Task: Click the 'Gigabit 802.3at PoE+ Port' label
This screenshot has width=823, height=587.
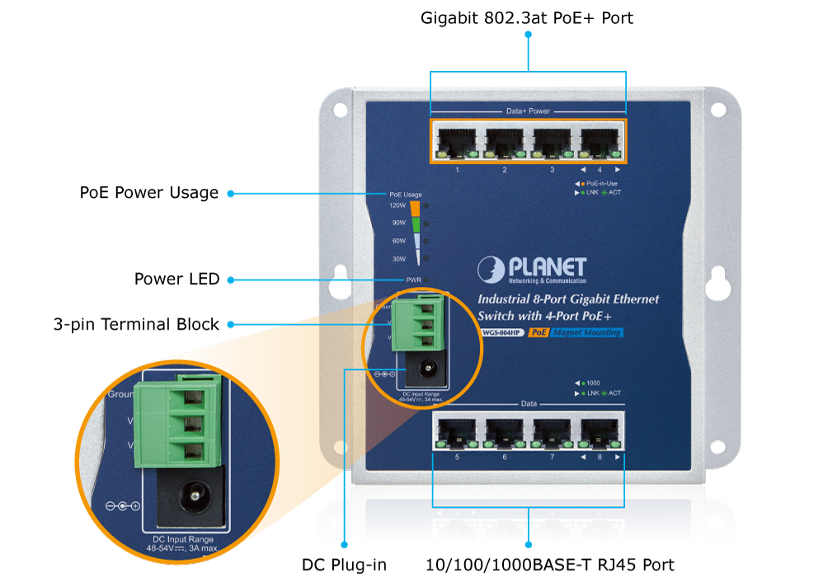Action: [x=527, y=17]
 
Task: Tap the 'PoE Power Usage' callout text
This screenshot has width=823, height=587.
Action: [x=149, y=193]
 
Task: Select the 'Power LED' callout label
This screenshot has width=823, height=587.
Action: [x=176, y=279]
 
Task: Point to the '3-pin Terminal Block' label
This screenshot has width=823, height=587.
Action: [x=136, y=324]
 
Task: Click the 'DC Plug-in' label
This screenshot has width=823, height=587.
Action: [x=344, y=565]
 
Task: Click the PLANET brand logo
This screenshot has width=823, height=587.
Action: [x=533, y=269]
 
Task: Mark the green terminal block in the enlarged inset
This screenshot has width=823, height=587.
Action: [x=181, y=421]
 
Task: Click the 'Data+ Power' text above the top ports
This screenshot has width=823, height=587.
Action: [x=527, y=110]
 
